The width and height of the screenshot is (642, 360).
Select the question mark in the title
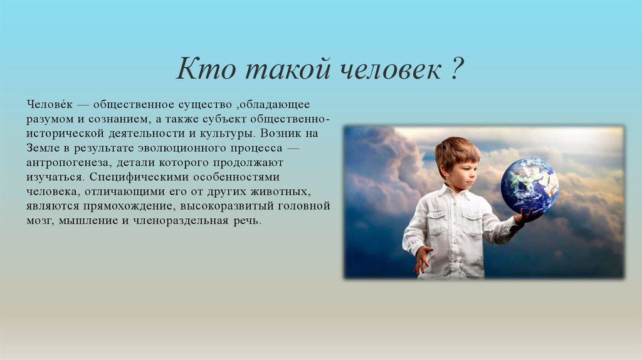click(456, 68)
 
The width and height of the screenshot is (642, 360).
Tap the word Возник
click(281, 134)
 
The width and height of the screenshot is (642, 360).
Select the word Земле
click(43, 148)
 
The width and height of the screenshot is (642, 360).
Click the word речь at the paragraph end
click(247, 221)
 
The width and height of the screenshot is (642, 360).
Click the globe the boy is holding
click(529, 185)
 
